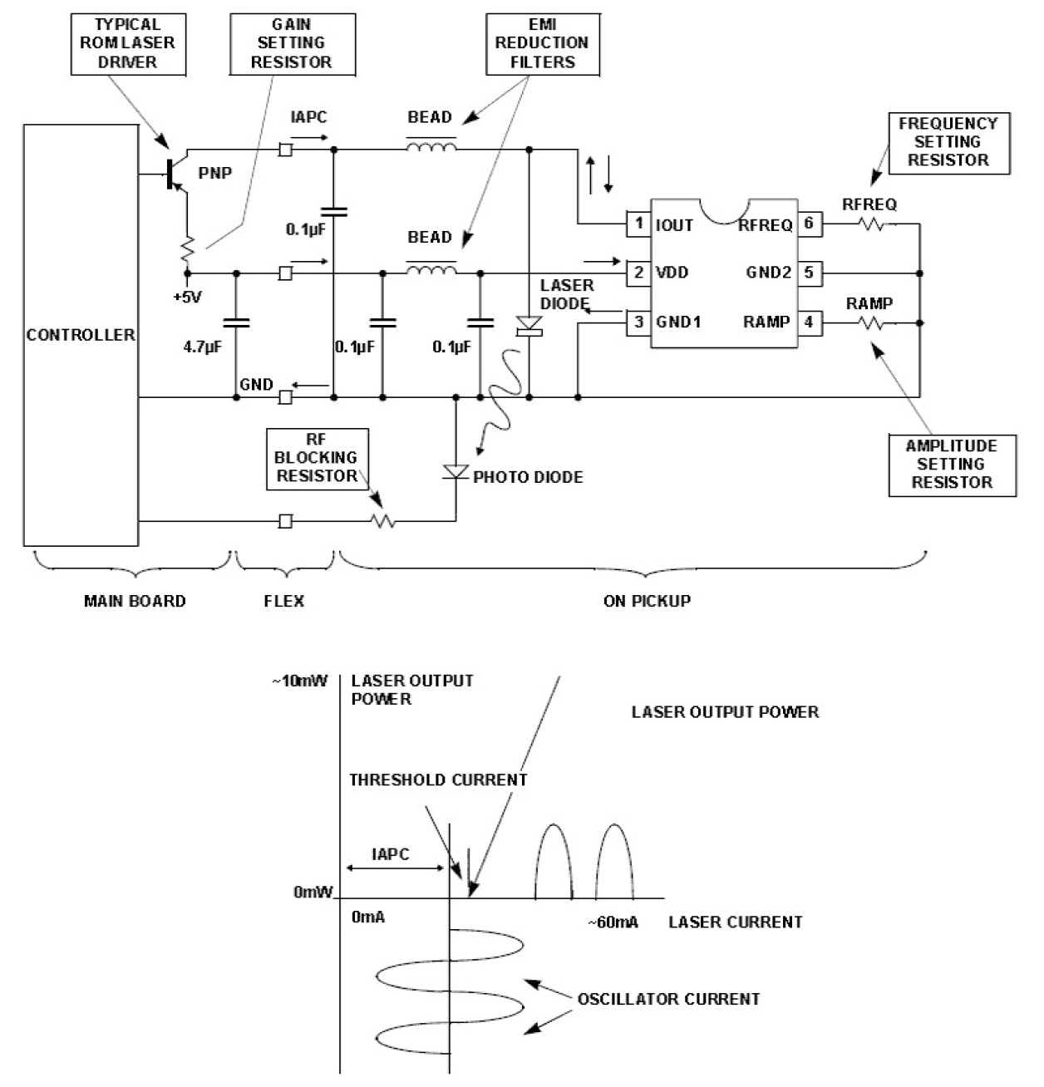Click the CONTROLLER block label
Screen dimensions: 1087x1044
80,335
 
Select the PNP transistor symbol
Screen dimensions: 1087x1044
175,174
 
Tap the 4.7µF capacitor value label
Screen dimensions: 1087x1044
202,347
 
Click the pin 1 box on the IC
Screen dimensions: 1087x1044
638,224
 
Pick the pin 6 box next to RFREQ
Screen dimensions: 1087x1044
809,224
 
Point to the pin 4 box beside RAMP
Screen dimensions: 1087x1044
809,322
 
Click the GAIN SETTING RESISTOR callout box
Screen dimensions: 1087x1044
291,42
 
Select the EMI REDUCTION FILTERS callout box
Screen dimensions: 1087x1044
541,42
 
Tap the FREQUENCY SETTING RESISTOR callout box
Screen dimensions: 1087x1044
948,142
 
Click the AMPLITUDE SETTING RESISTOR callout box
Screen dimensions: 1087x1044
952,464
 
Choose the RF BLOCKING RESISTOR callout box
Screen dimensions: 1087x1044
317,458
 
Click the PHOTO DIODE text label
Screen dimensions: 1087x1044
528,477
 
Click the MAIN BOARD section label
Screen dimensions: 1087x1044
135,601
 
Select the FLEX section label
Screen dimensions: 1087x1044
284,601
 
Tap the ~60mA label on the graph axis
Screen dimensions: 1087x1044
613,922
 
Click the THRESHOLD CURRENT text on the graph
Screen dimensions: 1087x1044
438,780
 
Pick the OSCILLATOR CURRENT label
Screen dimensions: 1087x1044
668,999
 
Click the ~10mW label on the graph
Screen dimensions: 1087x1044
299,681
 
